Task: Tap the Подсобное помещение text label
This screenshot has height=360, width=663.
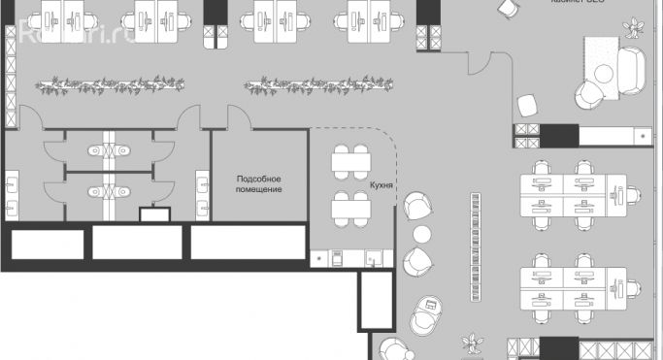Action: [x=259, y=183]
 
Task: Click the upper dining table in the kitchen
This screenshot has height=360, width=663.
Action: [x=349, y=161]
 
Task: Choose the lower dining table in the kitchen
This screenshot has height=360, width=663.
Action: [x=349, y=206]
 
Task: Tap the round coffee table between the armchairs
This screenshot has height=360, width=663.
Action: [x=422, y=234]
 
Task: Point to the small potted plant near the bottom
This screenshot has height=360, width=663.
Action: [x=474, y=344]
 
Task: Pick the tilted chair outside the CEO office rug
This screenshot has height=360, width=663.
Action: [x=529, y=104]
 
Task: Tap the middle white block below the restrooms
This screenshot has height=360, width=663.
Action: [x=136, y=243]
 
